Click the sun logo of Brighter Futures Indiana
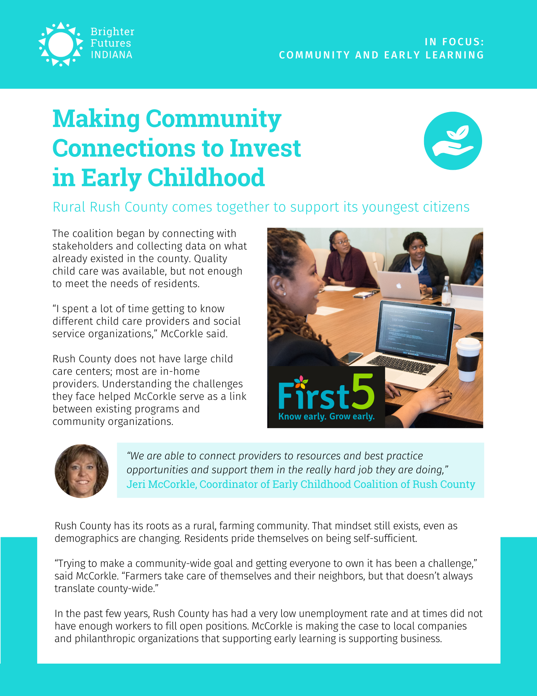[60, 44]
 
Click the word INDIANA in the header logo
[112, 55]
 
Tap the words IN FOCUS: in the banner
[454, 42]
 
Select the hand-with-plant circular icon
[453, 141]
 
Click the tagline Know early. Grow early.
[326, 417]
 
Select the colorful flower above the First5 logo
[301, 382]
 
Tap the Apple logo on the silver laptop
[399, 286]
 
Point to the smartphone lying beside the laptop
[350, 357]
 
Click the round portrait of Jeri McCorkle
[81, 471]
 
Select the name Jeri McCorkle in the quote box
[161, 484]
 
